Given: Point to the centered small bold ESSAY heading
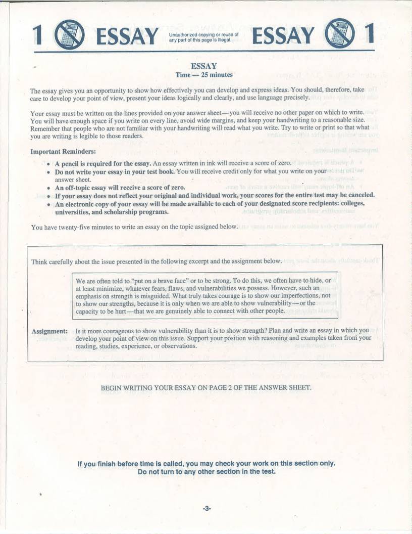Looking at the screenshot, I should click(204, 66).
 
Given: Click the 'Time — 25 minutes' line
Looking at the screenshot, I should click(204, 75).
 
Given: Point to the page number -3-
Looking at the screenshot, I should click(207, 508).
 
